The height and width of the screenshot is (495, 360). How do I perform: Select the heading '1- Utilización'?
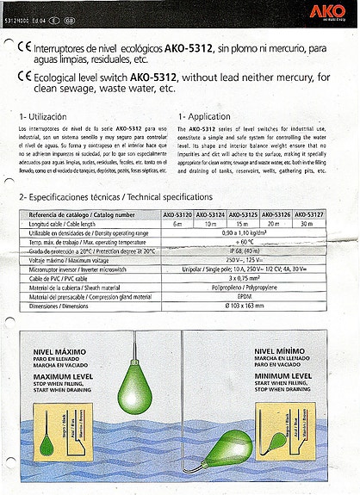(x=43, y=115)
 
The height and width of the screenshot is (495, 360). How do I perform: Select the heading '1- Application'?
(x=206, y=115)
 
